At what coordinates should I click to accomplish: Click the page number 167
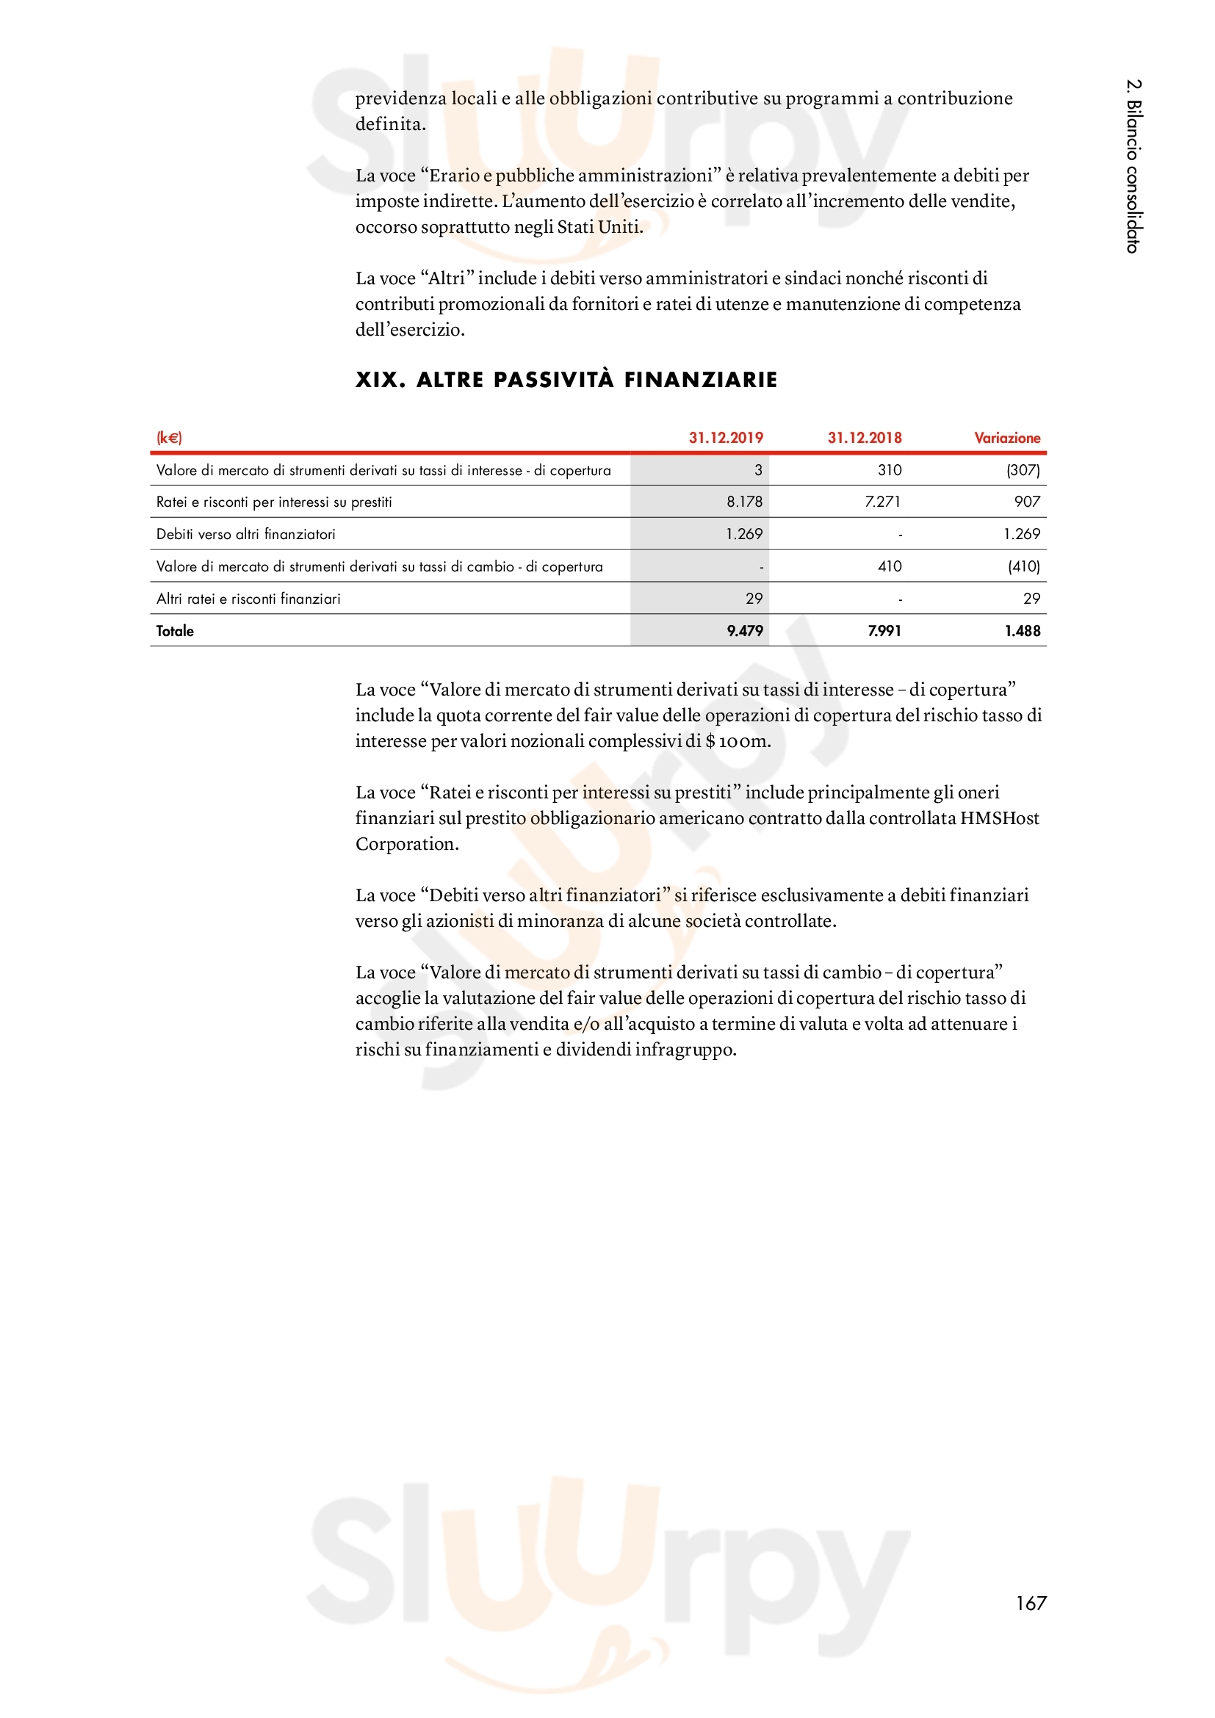1030,1602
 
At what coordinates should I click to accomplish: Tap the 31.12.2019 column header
726,438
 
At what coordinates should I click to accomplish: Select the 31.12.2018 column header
864,438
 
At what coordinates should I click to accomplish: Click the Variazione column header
1006,438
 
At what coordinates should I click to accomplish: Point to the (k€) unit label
169,438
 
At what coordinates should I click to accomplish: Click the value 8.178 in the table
743,502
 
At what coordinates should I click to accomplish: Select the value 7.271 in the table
882,502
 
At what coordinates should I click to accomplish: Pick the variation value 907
1026,502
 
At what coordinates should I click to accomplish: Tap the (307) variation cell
1023,470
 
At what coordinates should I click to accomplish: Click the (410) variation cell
1023,566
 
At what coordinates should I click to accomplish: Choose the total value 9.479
744,631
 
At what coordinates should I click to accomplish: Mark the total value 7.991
884,631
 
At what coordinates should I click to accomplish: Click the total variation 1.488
1022,631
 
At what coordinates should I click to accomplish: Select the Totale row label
175,631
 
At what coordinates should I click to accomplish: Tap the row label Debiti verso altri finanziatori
245,534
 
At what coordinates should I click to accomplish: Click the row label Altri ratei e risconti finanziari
248,599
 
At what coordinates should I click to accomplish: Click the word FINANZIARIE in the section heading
700,380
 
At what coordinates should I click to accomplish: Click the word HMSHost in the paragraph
999,818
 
